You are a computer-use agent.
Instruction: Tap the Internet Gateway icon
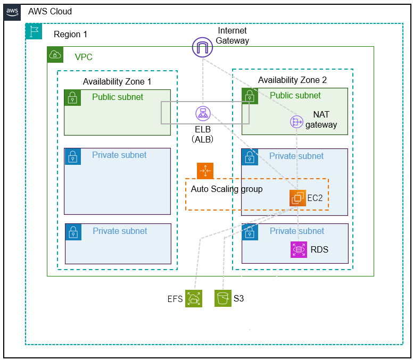click(x=202, y=48)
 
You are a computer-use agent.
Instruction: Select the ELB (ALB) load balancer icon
click(x=203, y=113)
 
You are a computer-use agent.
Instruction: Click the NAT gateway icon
click(x=296, y=122)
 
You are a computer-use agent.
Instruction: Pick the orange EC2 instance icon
click(x=298, y=198)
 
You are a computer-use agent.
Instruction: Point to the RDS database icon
click(x=299, y=250)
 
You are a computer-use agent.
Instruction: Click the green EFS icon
click(x=193, y=299)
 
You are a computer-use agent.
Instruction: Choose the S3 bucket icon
click(x=223, y=299)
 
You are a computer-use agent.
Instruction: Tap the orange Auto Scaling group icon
click(x=205, y=171)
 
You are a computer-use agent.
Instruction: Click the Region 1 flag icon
click(x=34, y=31)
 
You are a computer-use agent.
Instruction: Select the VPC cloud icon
click(x=55, y=54)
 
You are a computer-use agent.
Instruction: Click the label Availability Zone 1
click(x=117, y=81)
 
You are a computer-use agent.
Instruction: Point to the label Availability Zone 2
click(x=292, y=80)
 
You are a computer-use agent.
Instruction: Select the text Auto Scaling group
click(x=227, y=189)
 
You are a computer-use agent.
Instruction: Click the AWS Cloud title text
click(x=49, y=12)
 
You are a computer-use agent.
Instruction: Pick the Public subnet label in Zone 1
click(x=118, y=97)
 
